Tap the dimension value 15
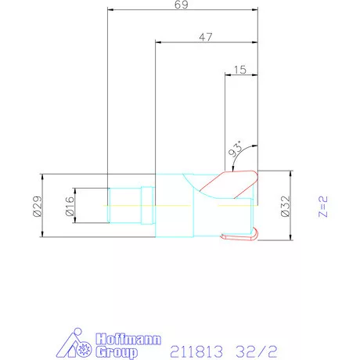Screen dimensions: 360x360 (x=240, y=70)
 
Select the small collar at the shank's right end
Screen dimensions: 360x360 (x=148, y=205)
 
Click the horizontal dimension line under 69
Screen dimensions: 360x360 (x=182, y=13)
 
